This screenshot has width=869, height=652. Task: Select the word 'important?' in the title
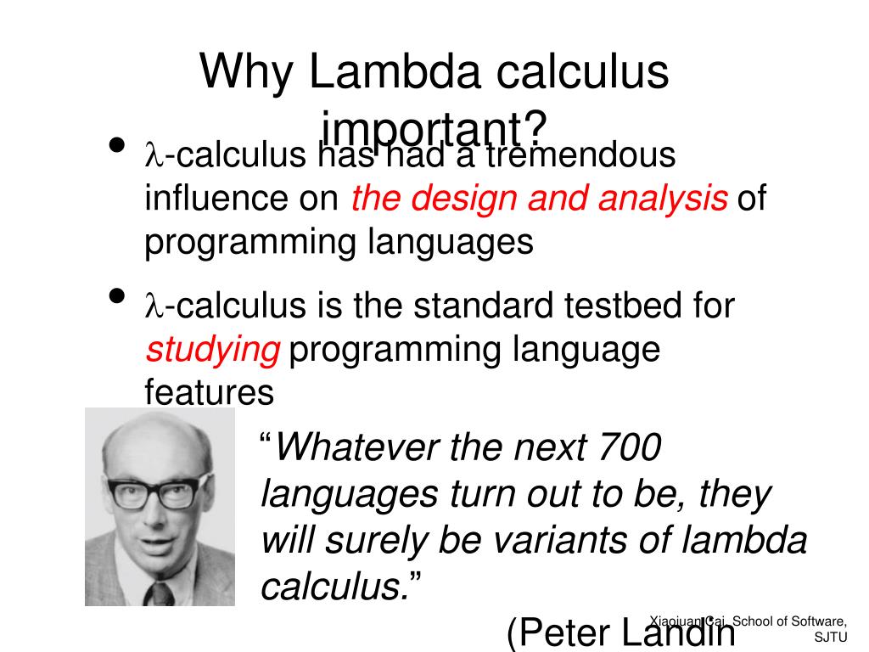coord(434,129)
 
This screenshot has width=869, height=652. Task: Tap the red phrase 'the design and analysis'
coord(540,199)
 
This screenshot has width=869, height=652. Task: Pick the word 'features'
coord(209,393)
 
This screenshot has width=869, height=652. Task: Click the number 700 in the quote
coord(629,447)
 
